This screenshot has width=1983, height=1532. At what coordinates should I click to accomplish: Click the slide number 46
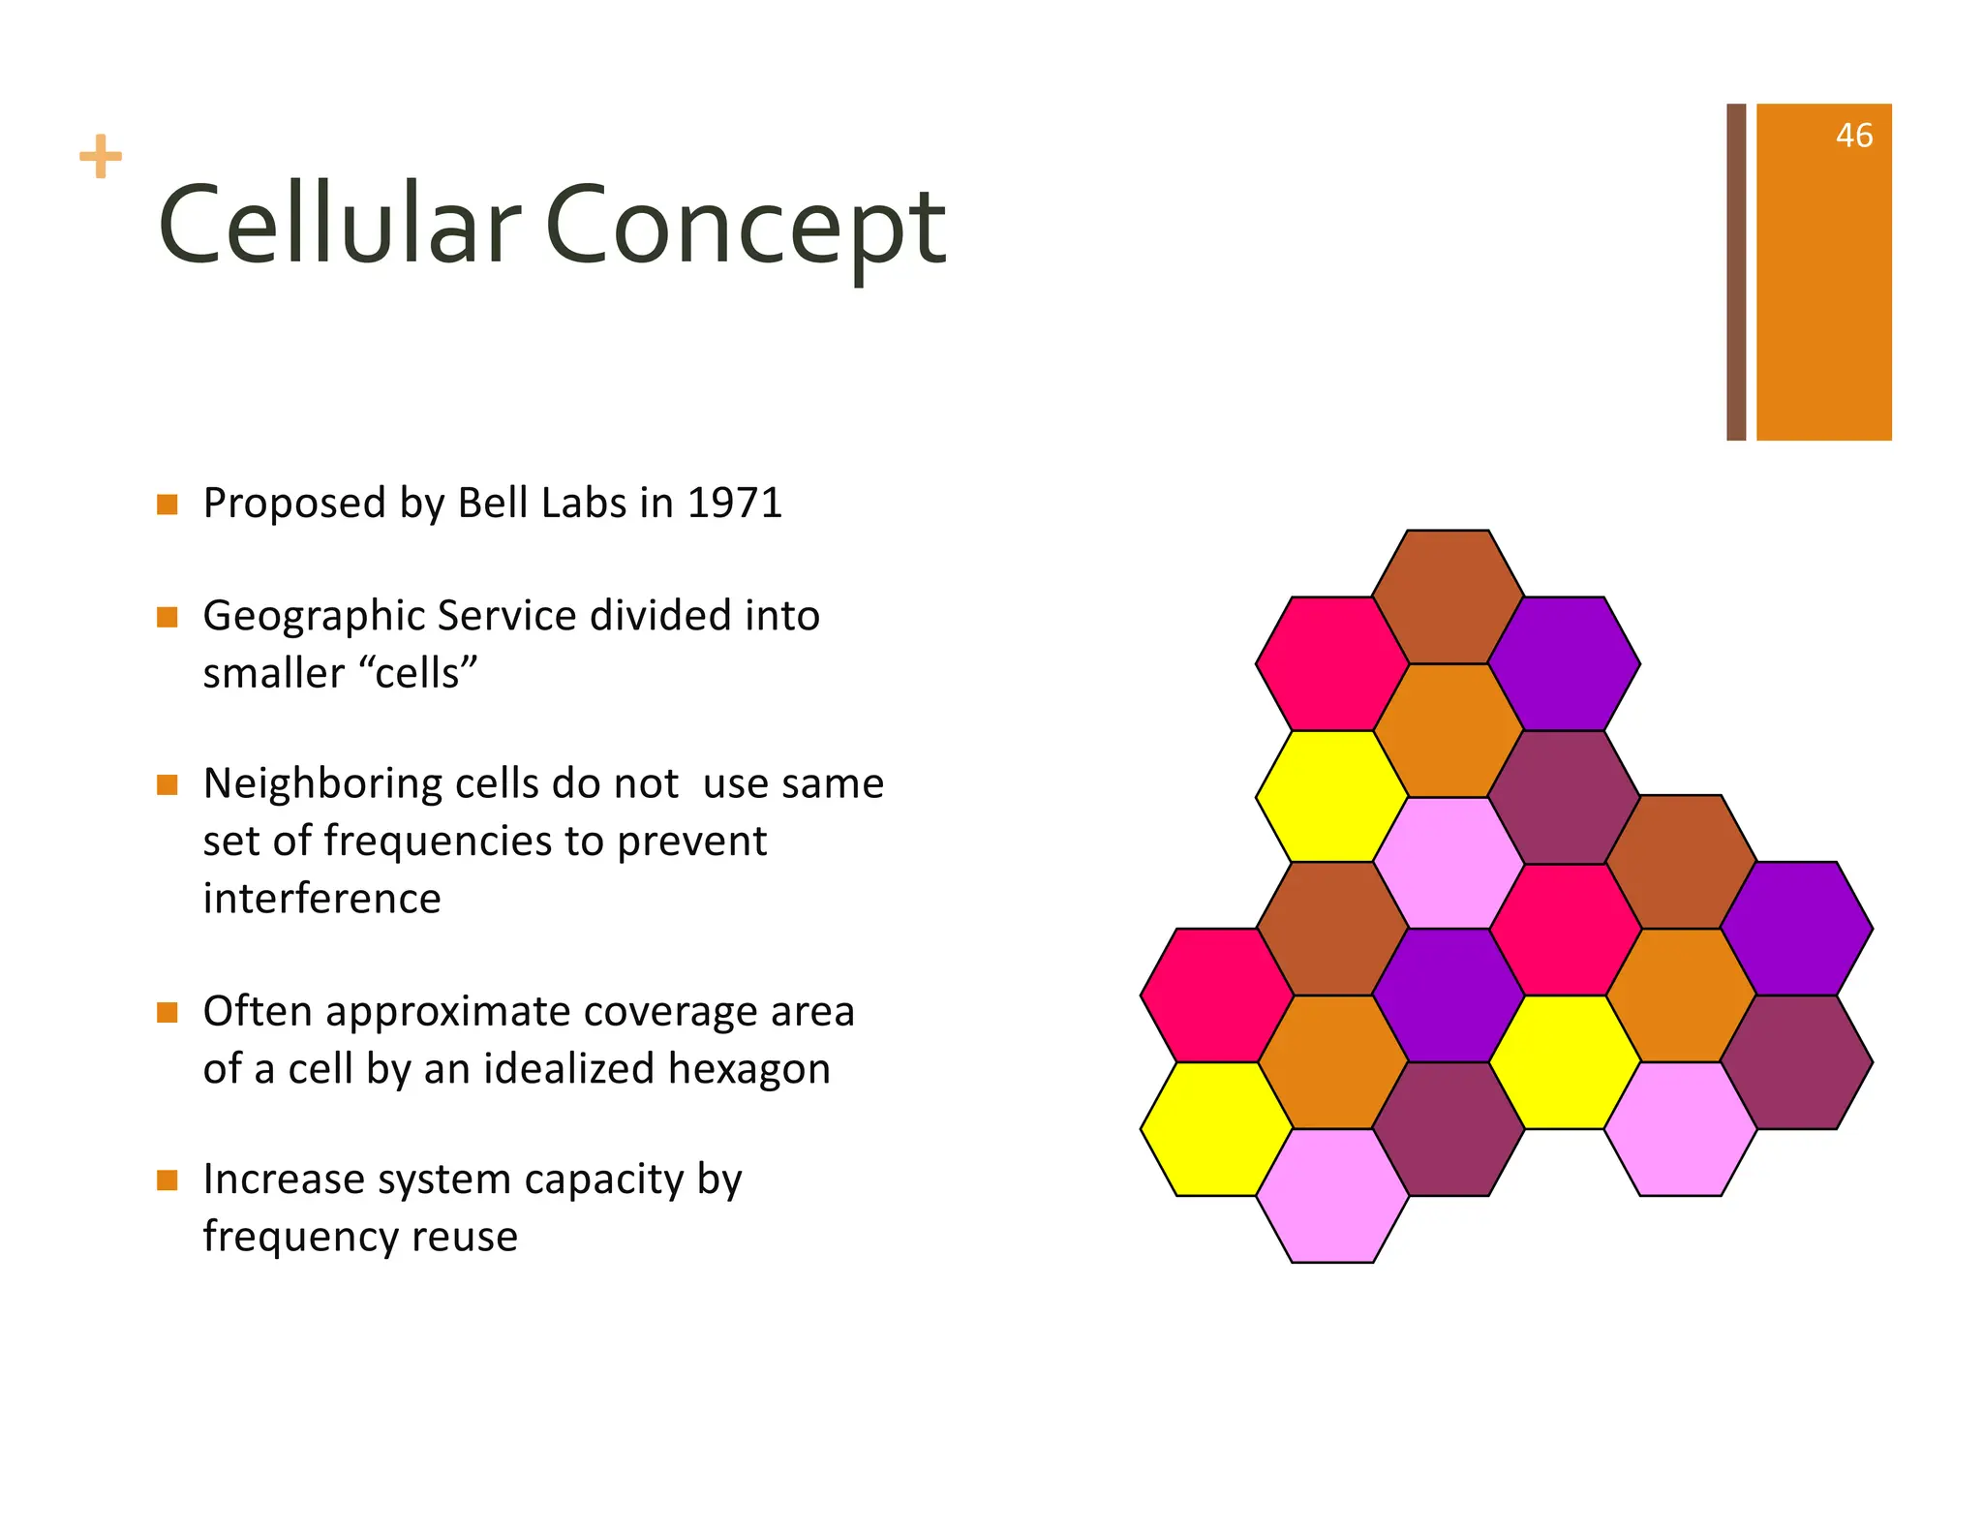click(1853, 136)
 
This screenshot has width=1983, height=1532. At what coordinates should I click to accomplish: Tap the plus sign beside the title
click(101, 157)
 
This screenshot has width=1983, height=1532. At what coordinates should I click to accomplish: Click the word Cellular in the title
click(339, 227)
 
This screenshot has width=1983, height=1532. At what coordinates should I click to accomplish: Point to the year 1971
click(734, 504)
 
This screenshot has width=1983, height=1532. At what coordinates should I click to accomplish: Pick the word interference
click(321, 898)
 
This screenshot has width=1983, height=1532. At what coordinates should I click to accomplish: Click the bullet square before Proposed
click(168, 505)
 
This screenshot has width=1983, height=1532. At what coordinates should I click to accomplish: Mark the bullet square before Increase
click(168, 1180)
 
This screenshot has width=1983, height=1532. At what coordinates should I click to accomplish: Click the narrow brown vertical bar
click(1735, 271)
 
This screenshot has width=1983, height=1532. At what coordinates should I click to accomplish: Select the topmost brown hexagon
click(1448, 597)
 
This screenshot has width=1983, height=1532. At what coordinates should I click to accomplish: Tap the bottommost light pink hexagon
click(1332, 1196)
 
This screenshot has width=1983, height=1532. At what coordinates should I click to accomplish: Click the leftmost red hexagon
click(1217, 996)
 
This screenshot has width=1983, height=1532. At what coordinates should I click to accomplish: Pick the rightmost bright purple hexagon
click(1796, 929)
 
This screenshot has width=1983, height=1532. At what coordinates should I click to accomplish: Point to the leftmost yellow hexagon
click(1217, 1129)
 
